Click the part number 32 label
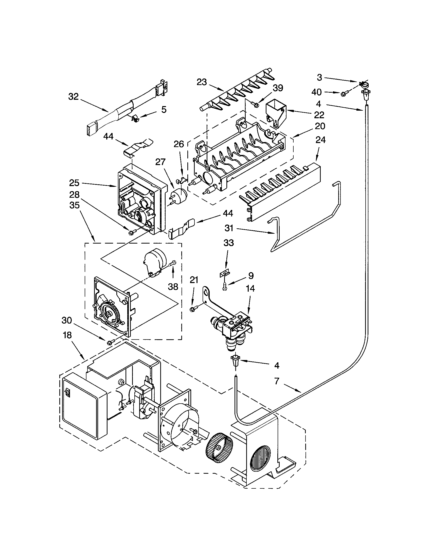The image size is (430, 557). point(74,97)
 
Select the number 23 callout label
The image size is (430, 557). point(202,82)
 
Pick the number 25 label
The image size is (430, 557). point(74,183)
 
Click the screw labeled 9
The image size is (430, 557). point(225,287)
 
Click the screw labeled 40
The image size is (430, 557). point(344,94)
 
